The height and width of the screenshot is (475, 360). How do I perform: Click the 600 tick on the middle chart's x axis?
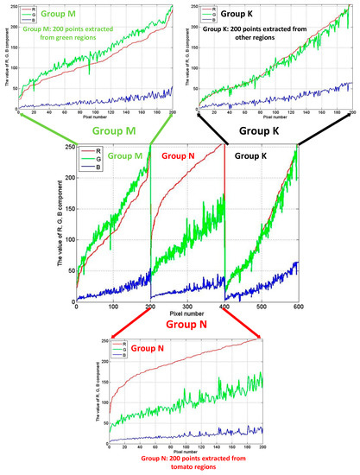tap(298, 306)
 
